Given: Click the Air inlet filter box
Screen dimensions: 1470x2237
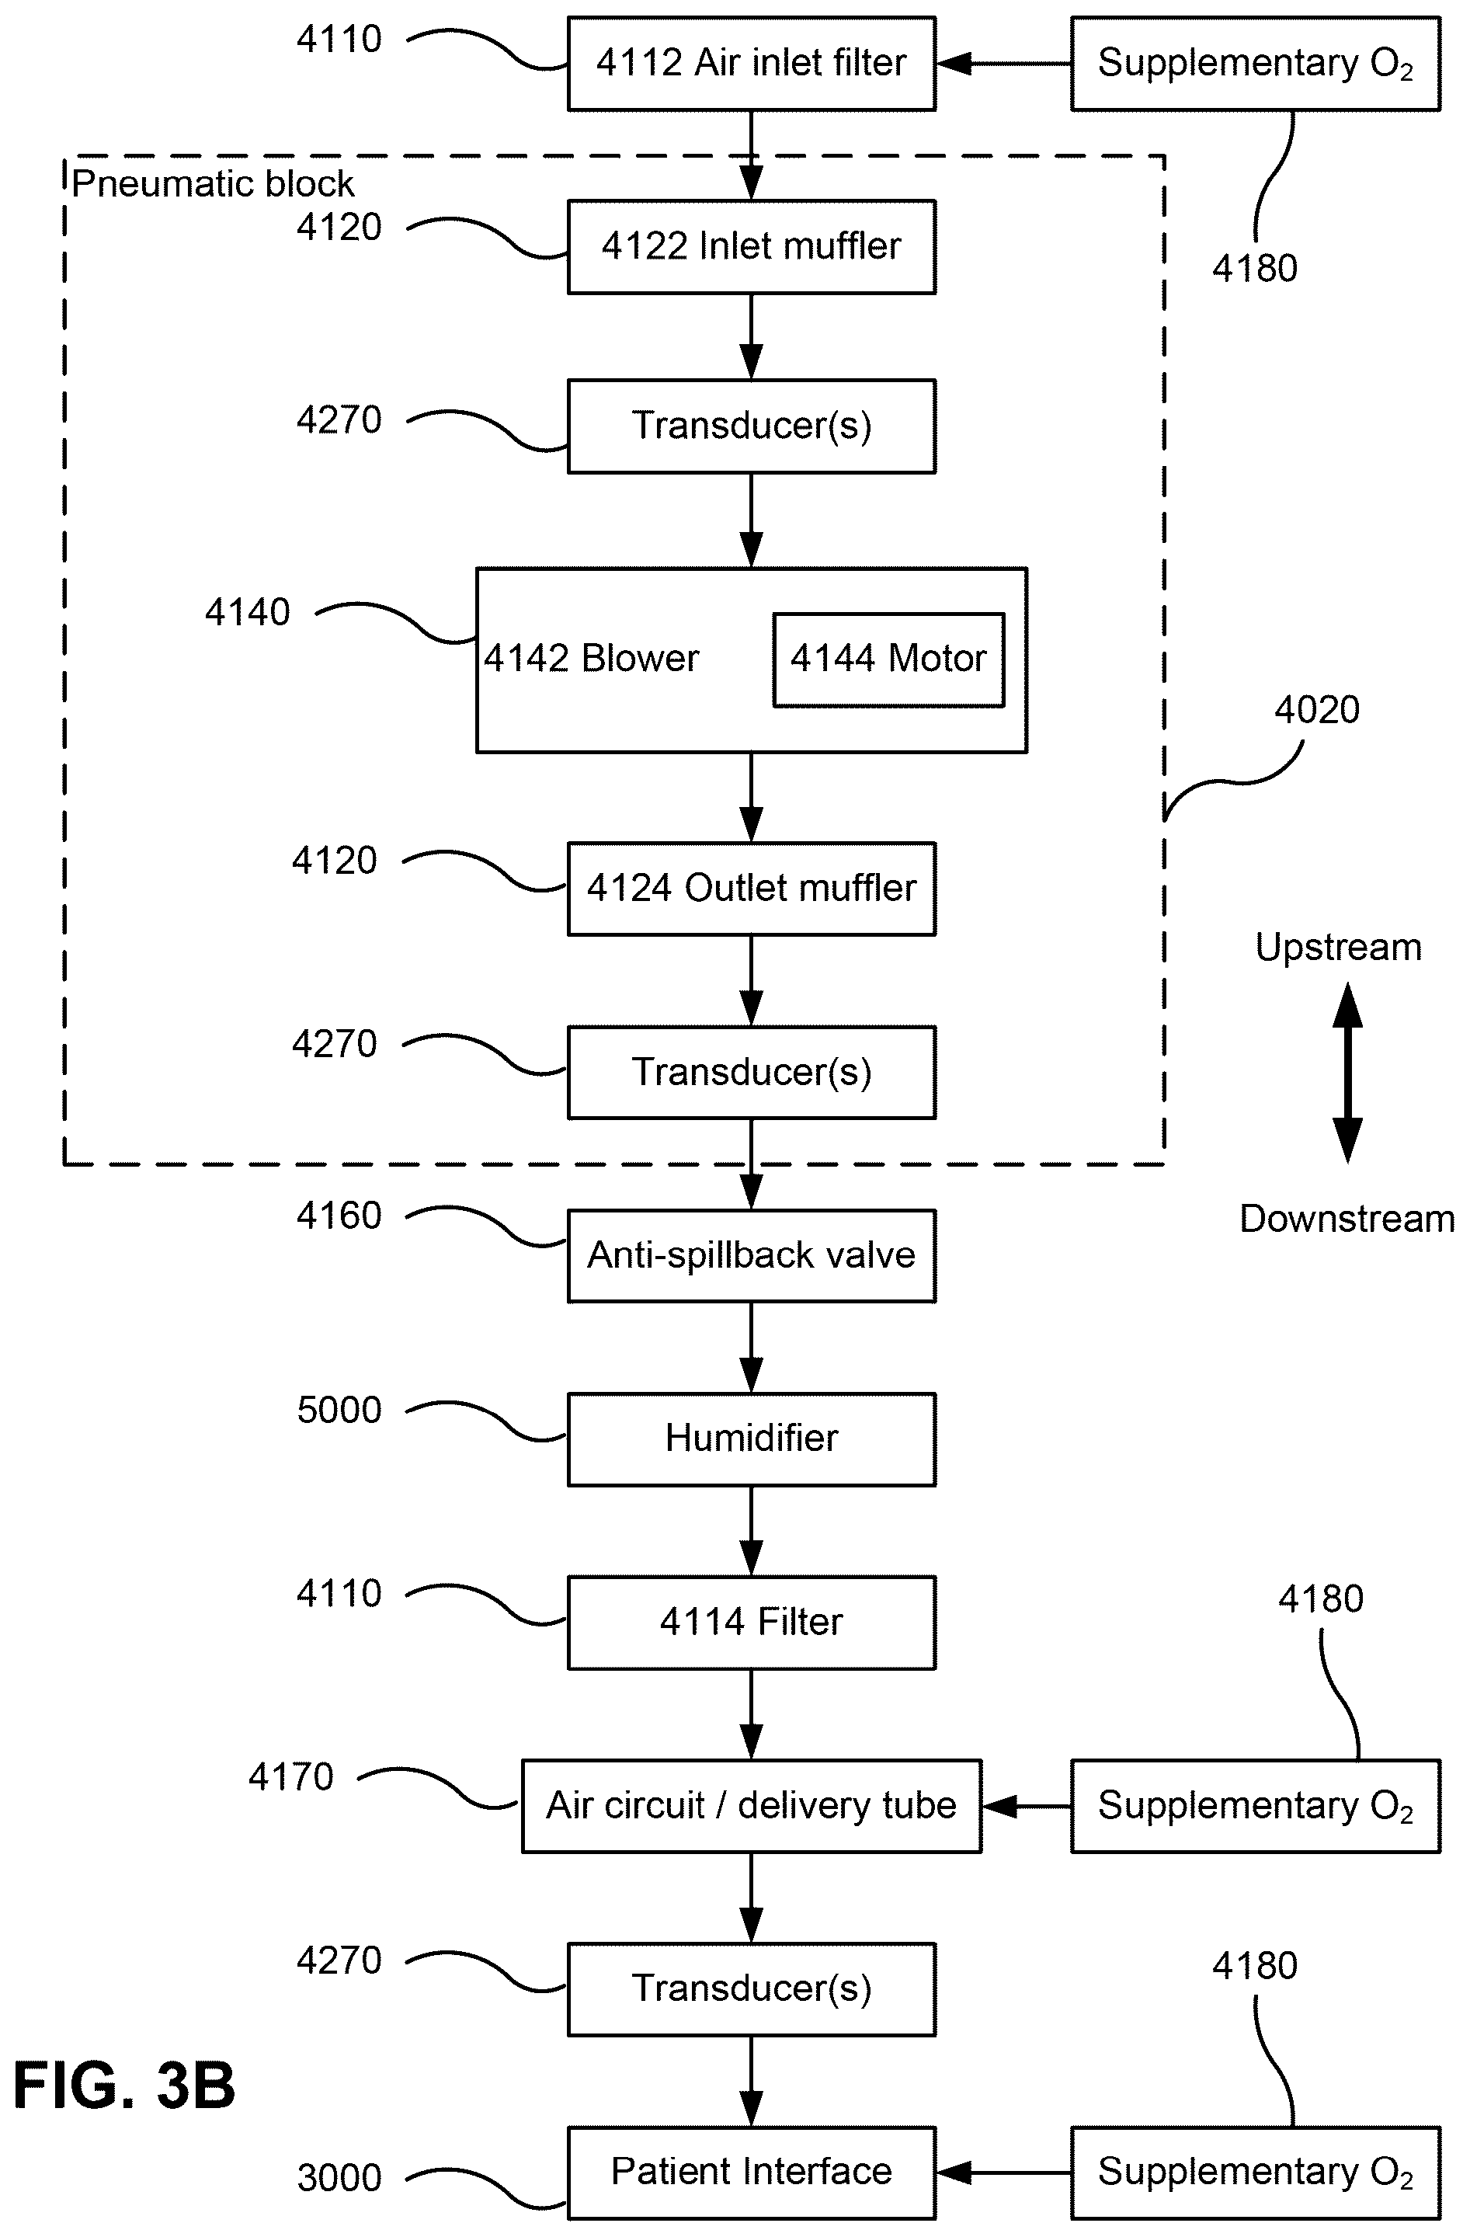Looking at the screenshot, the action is point(751,64).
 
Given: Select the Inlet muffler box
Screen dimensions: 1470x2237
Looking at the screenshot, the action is point(751,247).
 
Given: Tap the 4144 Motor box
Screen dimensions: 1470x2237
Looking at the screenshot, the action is point(888,659).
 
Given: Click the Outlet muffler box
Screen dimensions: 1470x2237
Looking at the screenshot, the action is point(751,889).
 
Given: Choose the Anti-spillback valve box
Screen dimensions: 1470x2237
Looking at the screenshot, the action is point(751,1256).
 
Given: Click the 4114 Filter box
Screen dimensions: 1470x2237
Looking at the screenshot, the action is point(751,1623).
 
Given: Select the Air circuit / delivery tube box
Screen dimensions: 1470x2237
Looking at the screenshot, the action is point(751,1806).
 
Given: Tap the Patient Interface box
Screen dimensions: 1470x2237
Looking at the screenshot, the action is point(751,2173).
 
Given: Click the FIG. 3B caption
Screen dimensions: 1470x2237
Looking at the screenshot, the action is point(124,2085).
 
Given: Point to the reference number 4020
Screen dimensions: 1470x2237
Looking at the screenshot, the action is point(1317,710).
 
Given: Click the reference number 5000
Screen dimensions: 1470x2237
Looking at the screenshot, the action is point(339,1410).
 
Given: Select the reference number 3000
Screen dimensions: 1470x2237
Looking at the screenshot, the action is point(339,2178).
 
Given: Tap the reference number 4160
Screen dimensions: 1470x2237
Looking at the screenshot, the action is point(339,1216).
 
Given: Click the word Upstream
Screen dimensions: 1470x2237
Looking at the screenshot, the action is point(1339,948).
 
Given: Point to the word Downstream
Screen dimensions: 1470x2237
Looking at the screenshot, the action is point(1347,1219).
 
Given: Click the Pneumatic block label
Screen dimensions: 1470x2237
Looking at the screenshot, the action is point(214,183).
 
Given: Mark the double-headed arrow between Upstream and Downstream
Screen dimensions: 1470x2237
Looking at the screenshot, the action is point(1347,1073).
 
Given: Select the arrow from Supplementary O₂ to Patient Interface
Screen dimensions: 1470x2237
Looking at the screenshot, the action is point(1004,2173).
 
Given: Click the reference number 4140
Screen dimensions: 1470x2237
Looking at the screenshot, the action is point(248,613).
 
